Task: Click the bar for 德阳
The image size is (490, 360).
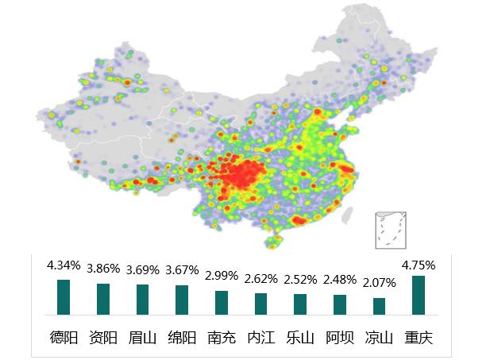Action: tap(64, 297)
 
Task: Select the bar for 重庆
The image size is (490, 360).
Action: tap(419, 295)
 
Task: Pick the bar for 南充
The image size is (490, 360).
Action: tap(222, 303)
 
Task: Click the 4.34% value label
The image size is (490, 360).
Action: tap(64, 265)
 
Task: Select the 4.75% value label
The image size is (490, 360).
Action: tap(419, 260)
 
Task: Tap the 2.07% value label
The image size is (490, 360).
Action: tap(379, 283)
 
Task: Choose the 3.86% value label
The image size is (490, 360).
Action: tap(103, 269)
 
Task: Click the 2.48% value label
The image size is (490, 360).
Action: tap(340, 280)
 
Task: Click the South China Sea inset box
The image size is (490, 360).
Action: tap(390, 230)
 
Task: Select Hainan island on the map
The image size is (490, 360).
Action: tap(274, 241)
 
